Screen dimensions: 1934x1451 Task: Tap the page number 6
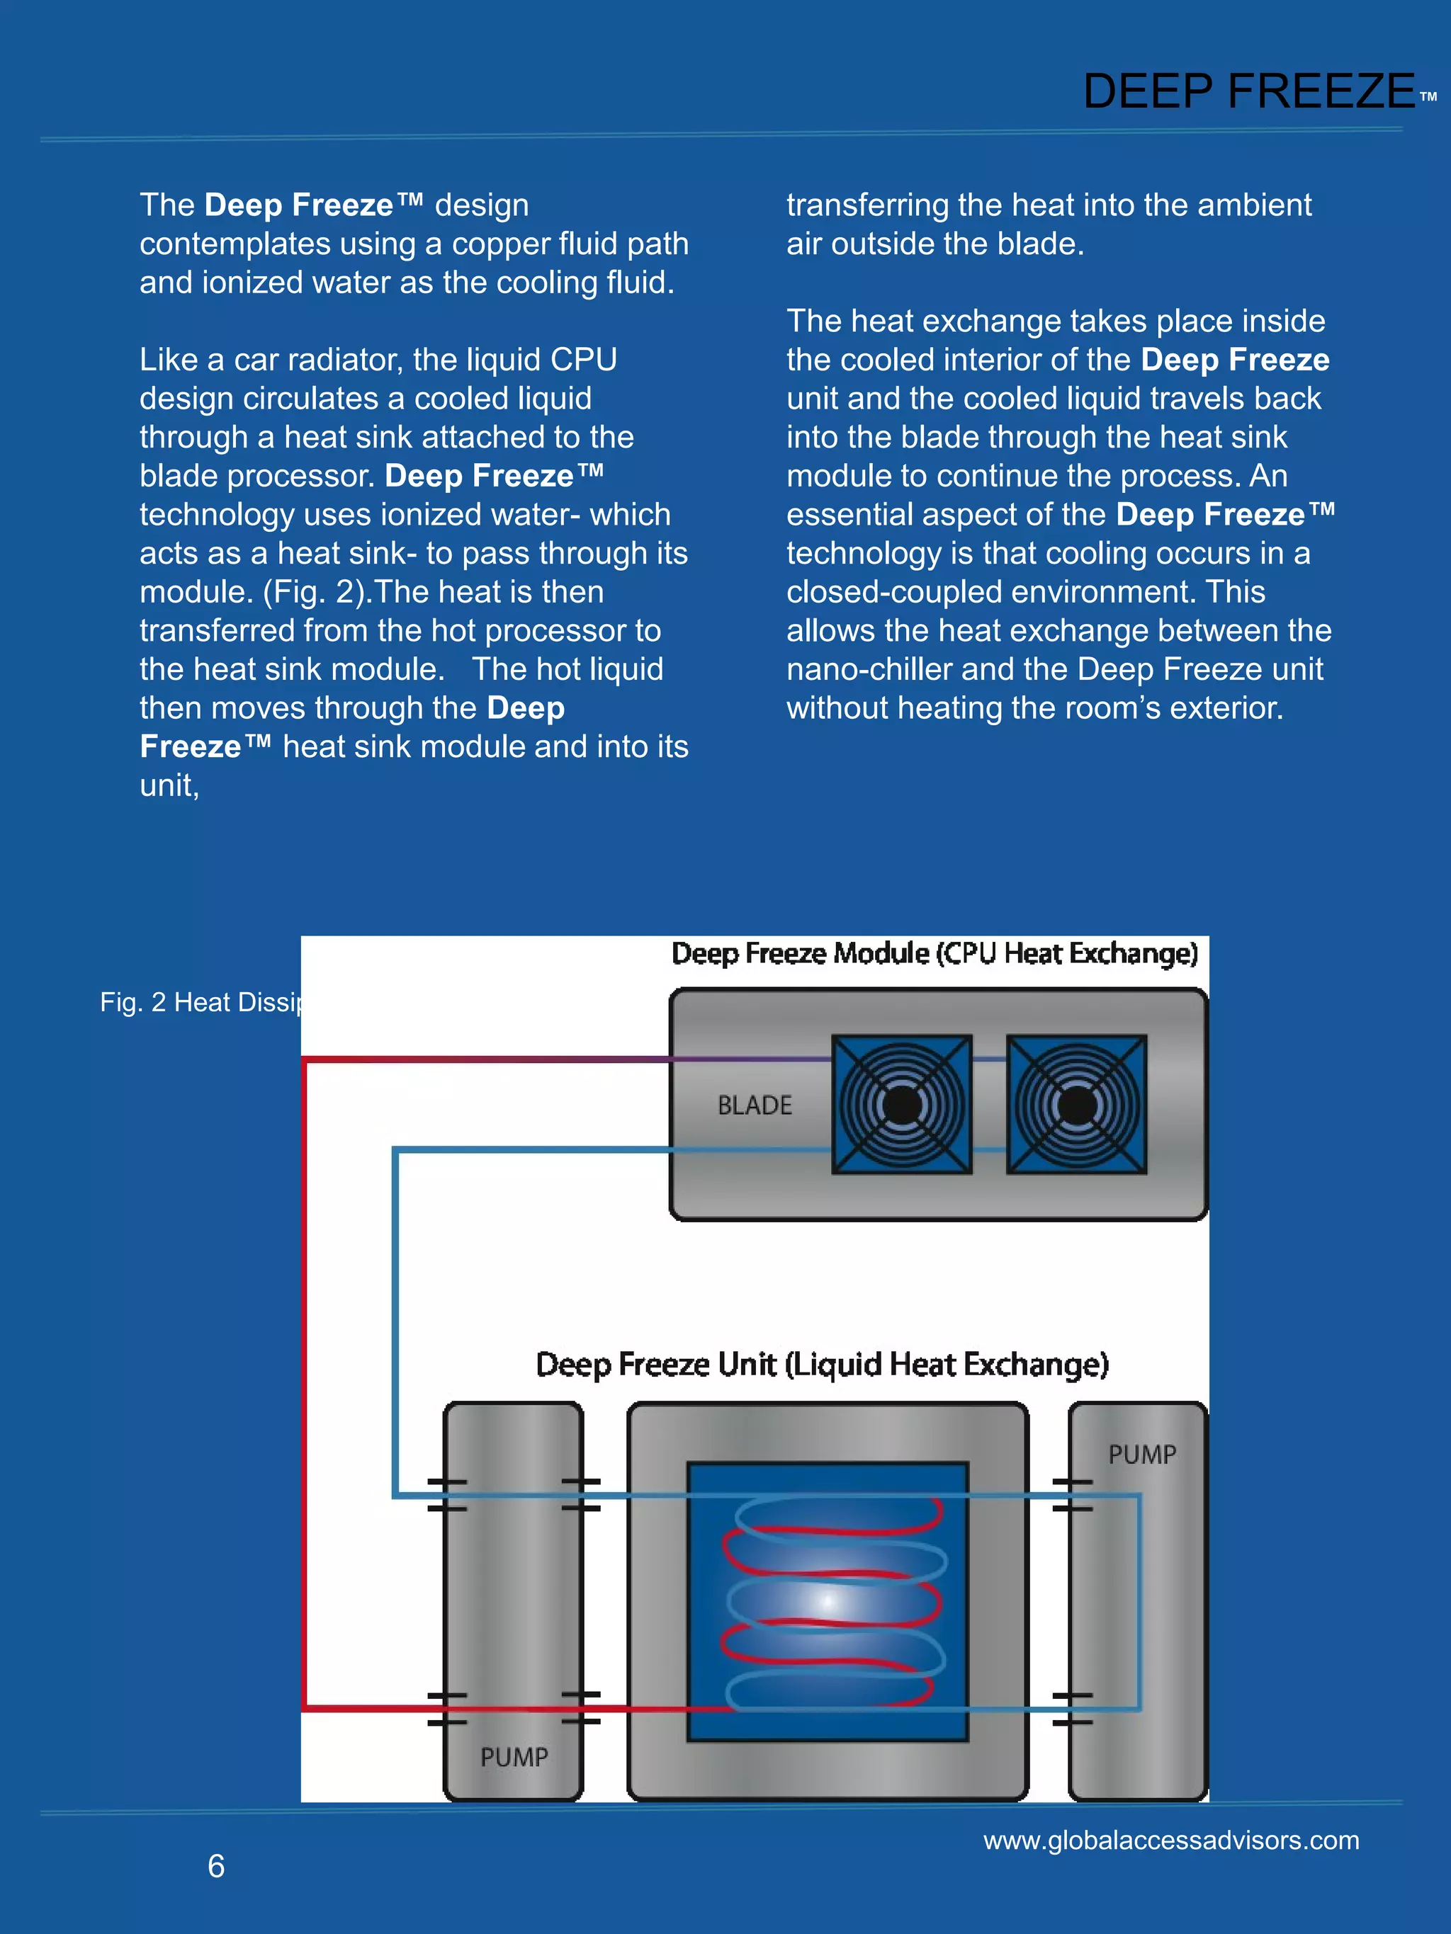(216, 1866)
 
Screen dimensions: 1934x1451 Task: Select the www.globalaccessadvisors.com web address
(1171, 1840)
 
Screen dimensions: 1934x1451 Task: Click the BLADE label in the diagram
(755, 1106)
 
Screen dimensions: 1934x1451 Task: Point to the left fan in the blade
(902, 1104)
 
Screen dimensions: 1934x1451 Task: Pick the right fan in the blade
(1077, 1104)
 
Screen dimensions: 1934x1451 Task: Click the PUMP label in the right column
(1142, 1455)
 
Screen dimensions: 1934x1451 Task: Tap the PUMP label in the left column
(514, 1758)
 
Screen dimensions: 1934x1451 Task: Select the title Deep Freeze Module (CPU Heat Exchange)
(934, 954)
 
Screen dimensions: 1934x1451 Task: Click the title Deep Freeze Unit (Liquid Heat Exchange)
(822, 1365)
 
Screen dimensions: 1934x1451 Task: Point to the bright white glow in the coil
(828, 1603)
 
